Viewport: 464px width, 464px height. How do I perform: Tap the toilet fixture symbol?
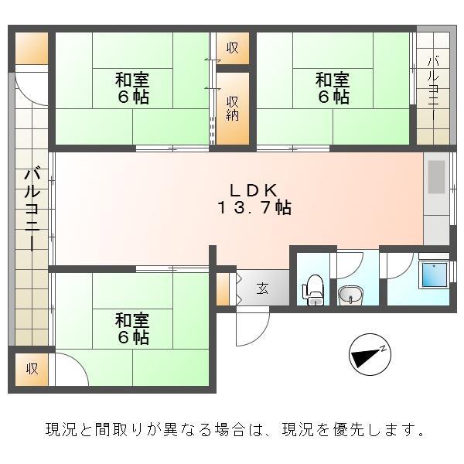pos(314,289)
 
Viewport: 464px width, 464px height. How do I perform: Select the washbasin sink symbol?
pos(350,295)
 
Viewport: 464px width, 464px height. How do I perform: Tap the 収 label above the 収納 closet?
pos(233,48)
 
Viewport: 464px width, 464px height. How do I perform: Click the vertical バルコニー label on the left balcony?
pos(32,209)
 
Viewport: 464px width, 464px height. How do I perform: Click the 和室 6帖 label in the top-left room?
pos(132,88)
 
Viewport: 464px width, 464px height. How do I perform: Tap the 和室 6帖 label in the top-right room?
pos(332,88)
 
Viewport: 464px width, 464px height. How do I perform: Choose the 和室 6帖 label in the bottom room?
pos(132,329)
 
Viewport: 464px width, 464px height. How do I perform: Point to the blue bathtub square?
pos(434,275)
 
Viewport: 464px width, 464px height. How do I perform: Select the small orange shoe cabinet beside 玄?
pos(223,288)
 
